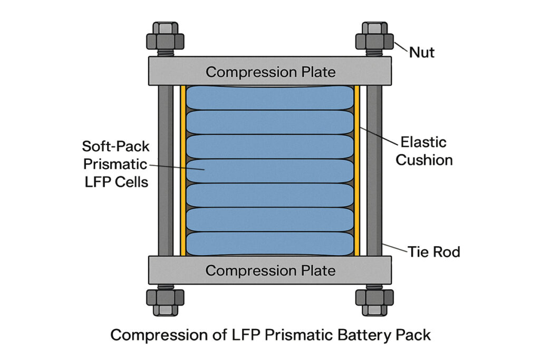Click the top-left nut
point(165,40)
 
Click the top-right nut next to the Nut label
point(374,40)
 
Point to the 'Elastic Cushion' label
point(423,151)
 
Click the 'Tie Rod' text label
point(433,252)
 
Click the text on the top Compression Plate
point(270,72)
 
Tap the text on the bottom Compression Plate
point(270,271)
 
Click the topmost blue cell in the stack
point(269,98)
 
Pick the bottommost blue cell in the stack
point(269,244)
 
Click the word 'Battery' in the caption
point(345,335)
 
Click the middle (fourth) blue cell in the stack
point(269,171)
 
